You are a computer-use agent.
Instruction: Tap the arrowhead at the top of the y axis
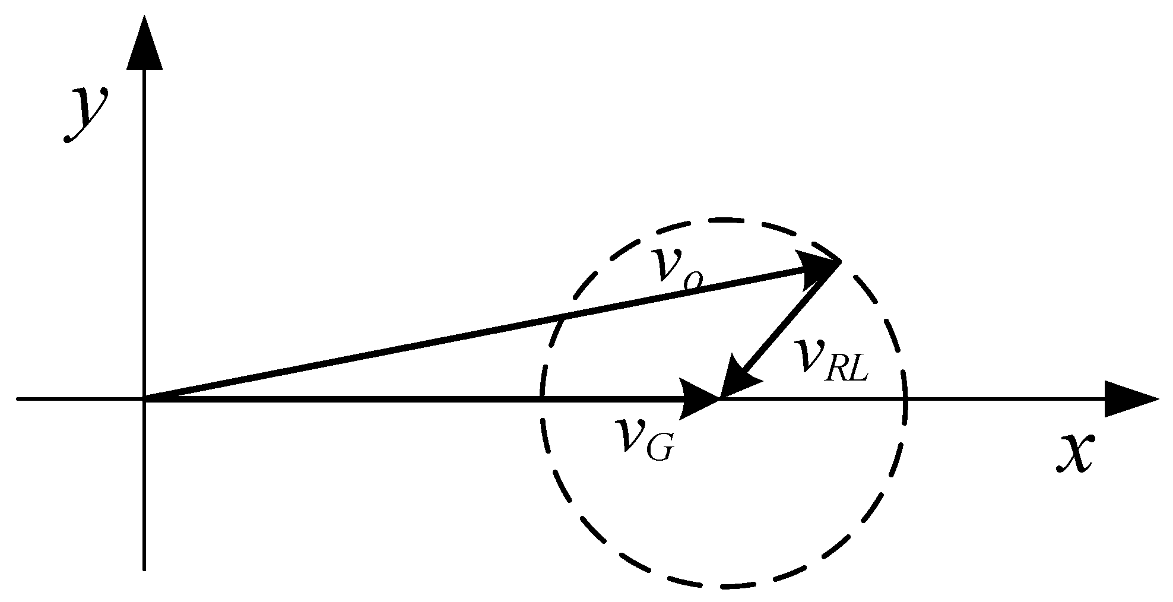click(144, 42)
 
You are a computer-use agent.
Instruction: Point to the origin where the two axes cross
click(144, 399)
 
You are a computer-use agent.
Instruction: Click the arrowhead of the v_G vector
click(700, 399)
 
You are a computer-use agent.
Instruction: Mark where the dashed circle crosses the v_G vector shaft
click(541, 399)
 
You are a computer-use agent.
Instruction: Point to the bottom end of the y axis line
click(144, 569)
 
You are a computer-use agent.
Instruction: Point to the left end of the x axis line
click(18, 399)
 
